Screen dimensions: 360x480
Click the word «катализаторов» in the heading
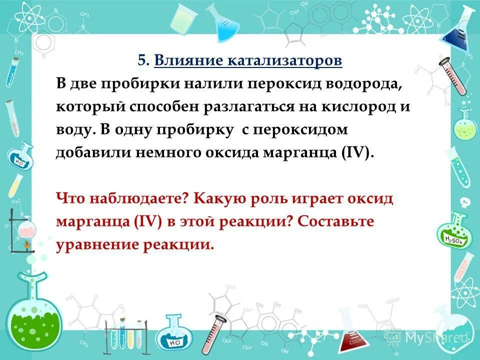285,61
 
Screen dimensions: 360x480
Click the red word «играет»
333,198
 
